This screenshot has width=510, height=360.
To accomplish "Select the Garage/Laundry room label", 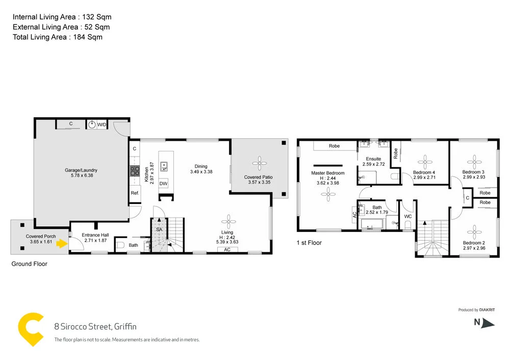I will click(x=81, y=170).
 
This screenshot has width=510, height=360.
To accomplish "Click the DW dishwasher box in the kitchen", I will click(x=163, y=184).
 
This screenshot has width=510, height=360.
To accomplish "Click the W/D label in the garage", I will click(x=102, y=124).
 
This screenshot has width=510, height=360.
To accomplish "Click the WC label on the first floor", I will click(x=407, y=217).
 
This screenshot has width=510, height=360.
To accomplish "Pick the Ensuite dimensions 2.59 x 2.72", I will click(x=373, y=165).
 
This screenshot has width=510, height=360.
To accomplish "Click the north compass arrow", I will click(x=488, y=322).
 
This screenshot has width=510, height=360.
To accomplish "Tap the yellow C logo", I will click(x=31, y=329).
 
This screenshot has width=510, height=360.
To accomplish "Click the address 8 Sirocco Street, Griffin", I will click(x=95, y=326).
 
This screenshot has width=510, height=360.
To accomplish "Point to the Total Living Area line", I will click(x=58, y=37).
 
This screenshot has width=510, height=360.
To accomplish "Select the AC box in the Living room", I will click(x=227, y=250).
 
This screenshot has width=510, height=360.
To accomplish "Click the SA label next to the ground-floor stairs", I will click(x=159, y=230).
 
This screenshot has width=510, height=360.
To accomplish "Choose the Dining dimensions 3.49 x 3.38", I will click(x=201, y=172).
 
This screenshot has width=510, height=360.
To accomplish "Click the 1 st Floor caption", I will click(x=309, y=243).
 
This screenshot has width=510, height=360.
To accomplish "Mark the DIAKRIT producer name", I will click(x=487, y=310).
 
